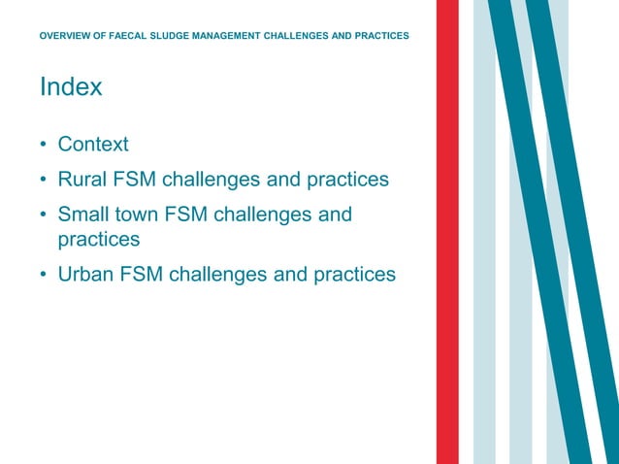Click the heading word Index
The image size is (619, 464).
pos(71,87)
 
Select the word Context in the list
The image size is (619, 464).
pos(93,145)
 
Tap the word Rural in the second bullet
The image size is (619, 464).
pos(82,180)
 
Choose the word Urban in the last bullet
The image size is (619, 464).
pos(85,275)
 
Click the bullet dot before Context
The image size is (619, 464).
pos(44,146)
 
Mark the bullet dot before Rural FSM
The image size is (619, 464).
pos(44,181)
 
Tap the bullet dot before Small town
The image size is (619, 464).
pos(44,215)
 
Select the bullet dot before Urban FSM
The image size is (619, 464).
pos(44,276)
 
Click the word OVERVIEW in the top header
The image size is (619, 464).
pos(69,36)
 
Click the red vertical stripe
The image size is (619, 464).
pos(447,233)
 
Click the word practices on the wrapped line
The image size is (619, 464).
pos(99,239)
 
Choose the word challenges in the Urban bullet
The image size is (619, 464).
pos(218,275)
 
